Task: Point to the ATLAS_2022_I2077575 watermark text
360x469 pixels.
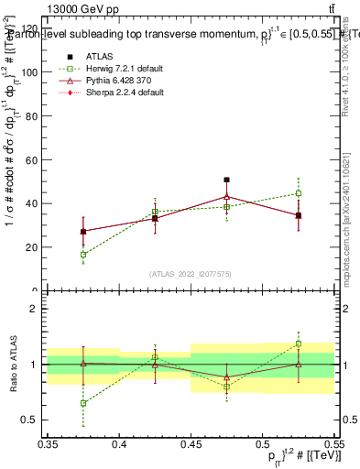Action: point(191,274)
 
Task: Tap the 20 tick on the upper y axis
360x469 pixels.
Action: point(34,247)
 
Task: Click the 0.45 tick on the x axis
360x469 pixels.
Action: point(191,444)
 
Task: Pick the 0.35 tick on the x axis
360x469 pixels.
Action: point(48,444)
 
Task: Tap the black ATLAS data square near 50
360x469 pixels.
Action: point(226,180)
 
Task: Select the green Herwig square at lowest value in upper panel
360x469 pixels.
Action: point(83,255)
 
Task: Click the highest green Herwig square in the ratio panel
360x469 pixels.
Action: point(298,344)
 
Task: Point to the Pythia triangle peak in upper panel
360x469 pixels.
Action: point(226,196)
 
